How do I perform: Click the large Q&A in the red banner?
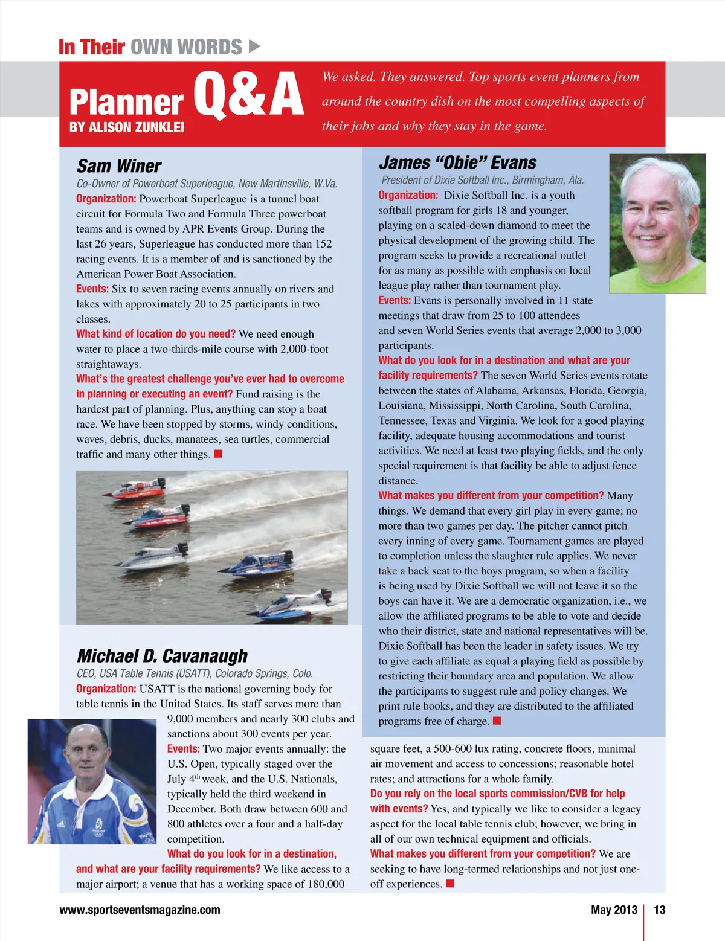pos(248,95)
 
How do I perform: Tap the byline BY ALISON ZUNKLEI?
pos(127,127)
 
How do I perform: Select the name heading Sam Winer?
pos(119,166)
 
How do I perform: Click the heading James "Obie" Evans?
pos(457,162)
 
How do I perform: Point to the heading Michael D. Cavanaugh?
pos(162,656)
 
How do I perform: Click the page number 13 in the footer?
pos(659,910)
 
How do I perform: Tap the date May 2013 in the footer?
pos(614,910)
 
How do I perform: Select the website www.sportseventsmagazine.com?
pos(140,910)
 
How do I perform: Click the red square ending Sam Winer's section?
pos(218,454)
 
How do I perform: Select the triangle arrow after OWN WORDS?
pos(254,46)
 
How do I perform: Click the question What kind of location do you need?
pos(156,334)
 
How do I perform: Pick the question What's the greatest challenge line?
pos(210,379)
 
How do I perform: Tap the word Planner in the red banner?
pos(126,101)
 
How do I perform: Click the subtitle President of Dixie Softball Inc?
pos(482,180)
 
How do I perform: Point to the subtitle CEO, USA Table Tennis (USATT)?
pos(195,673)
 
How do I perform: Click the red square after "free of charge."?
pos(497,721)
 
